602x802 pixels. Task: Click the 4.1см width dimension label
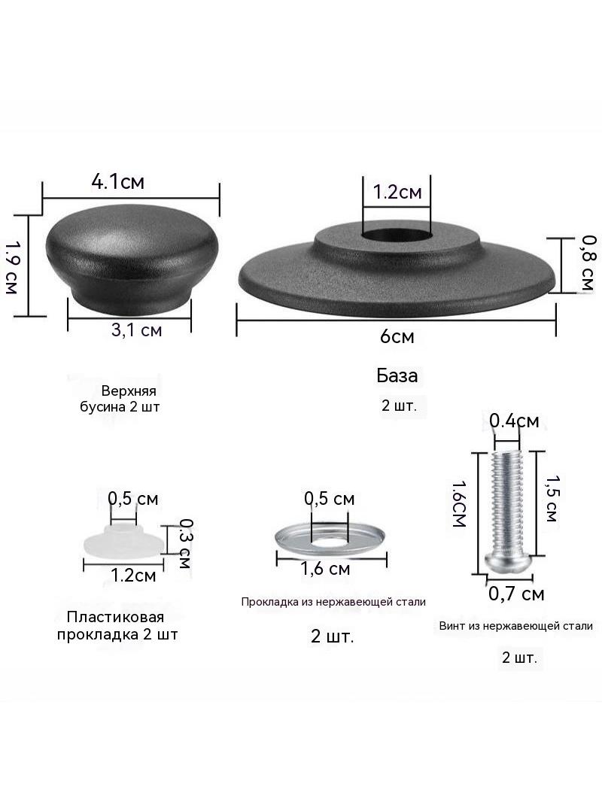(117, 181)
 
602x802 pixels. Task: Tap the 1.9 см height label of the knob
(11, 268)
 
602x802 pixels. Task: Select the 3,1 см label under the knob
(136, 330)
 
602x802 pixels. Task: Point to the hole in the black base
(397, 235)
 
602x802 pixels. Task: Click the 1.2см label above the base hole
(397, 192)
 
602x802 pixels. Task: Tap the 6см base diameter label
(397, 336)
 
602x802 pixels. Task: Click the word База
(397, 375)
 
